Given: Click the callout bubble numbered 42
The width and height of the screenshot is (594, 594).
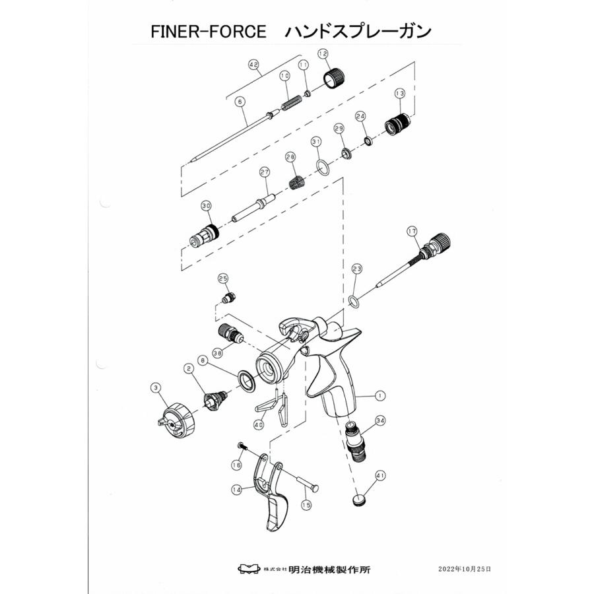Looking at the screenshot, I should coord(253,65).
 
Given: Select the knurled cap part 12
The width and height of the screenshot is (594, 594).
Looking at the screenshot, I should coord(331,81).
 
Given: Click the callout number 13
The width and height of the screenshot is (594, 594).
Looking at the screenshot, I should coord(399,94).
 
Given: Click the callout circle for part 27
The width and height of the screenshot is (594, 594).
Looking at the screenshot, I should coord(265,172).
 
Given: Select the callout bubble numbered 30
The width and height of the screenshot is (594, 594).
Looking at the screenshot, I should coord(206,206).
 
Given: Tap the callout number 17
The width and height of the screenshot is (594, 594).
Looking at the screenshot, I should coord(412,231).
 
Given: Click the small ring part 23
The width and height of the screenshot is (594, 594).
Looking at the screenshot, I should coord(354,302).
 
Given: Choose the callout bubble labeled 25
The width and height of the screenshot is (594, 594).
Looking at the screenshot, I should coord(222,279).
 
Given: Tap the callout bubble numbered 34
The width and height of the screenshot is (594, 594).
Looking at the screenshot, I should coord(379,420).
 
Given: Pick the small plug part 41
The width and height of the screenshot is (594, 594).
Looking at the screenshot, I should coord(360,500).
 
